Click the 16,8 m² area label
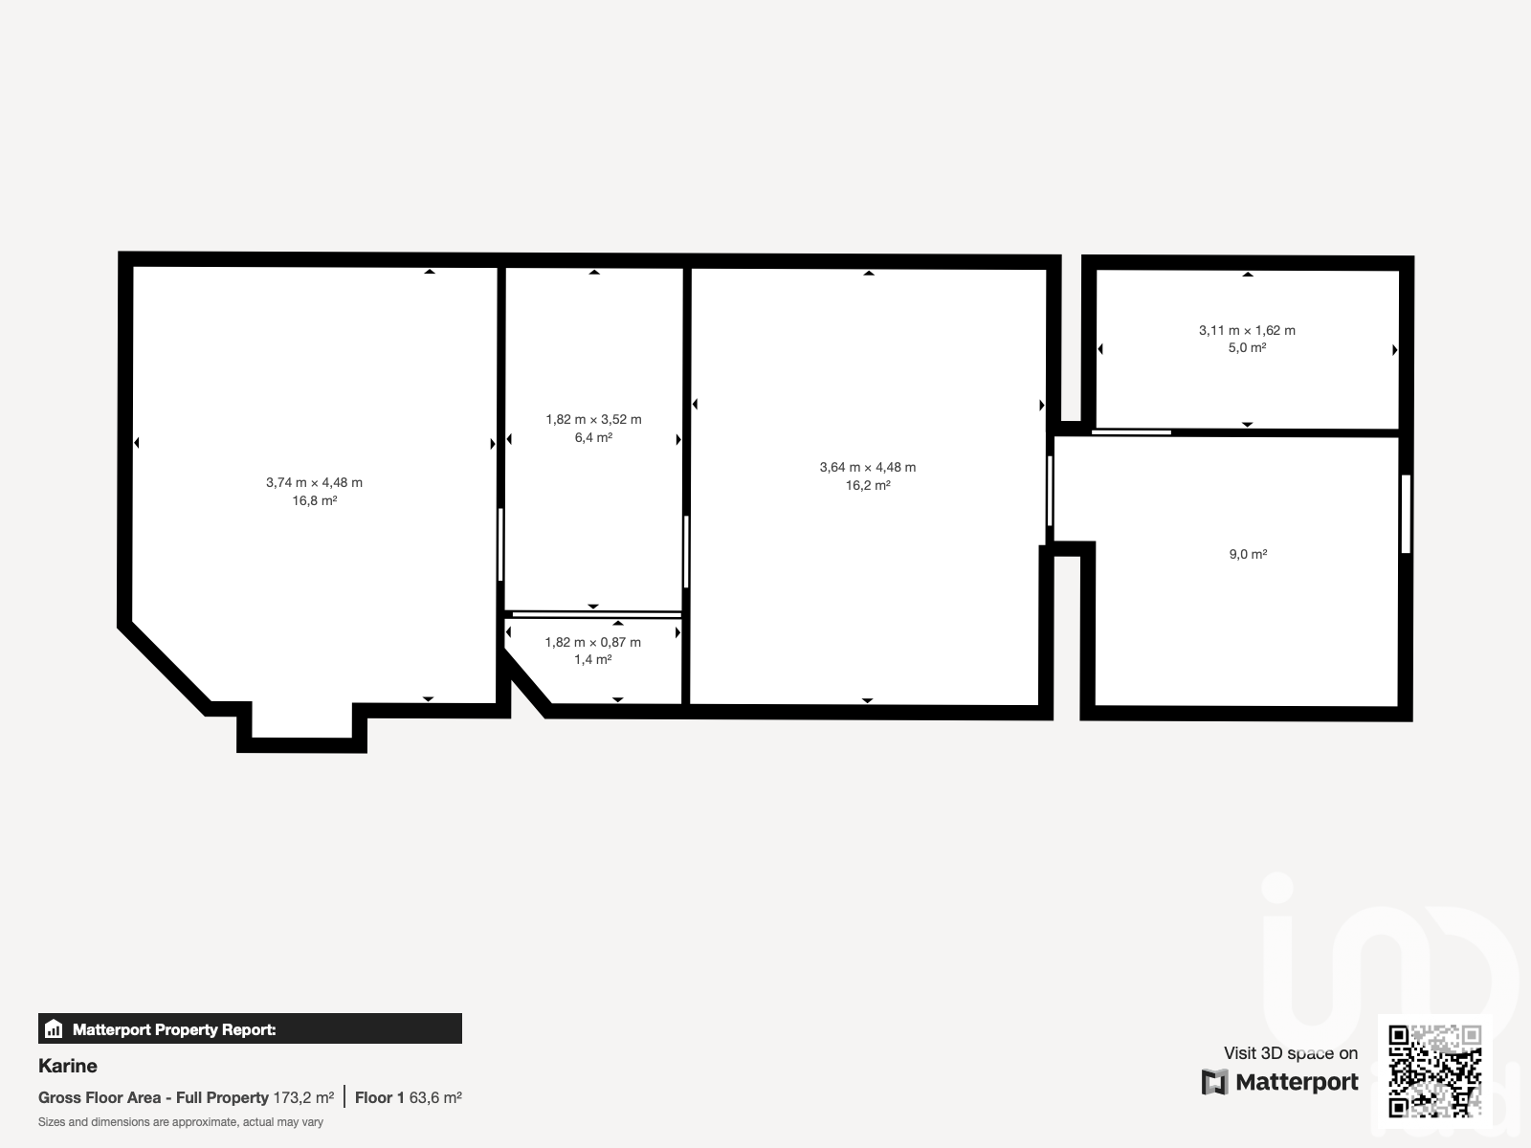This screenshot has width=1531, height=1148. pyautogui.click(x=315, y=500)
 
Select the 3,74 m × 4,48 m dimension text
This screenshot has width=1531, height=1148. pyautogui.click(x=314, y=482)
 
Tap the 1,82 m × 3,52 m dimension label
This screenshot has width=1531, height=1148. pyautogui.click(x=593, y=420)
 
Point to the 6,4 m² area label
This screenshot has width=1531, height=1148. pyautogui.click(x=593, y=438)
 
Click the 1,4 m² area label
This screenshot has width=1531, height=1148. pyautogui.click(x=593, y=659)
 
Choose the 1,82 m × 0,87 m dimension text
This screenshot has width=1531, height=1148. pyautogui.click(x=593, y=642)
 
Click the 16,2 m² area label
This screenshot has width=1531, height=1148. pyautogui.click(x=868, y=485)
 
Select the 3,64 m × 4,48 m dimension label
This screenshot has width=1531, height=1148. pyautogui.click(x=868, y=467)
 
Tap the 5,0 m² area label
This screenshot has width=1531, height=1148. pyautogui.click(x=1247, y=348)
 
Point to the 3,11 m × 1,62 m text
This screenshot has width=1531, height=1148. pyautogui.click(x=1247, y=330)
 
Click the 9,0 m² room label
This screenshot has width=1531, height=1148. pyautogui.click(x=1248, y=554)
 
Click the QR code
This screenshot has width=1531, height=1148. pyautogui.click(x=1434, y=1071)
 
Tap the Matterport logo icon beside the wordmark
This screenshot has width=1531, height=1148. pyautogui.click(x=1214, y=1082)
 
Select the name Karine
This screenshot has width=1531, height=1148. pyautogui.click(x=68, y=1066)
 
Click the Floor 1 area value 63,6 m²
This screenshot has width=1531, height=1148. pyautogui.click(x=435, y=1098)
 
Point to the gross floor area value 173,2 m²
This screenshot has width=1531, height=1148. pyautogui.click(x=303, y=1098)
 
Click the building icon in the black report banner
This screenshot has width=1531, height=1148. pyautogui.click(x=54, y=1028)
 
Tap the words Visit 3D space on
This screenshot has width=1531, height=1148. pyautogui.click(x=1291, y=1053)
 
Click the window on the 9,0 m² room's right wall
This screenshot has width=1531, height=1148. pyautogui.click(x=1407, y=514)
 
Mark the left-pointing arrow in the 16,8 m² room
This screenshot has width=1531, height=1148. pyautogui.click(x=137, y=443)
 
